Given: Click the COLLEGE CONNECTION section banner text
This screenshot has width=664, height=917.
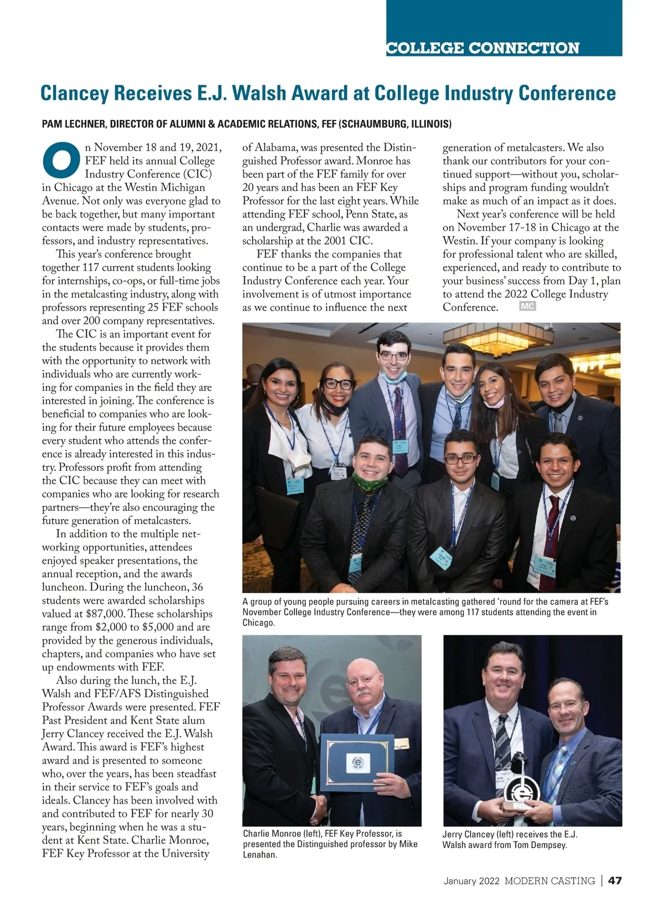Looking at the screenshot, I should click(x=483, y=48).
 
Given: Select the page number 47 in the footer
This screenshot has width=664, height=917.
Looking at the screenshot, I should click(x=615, y=880).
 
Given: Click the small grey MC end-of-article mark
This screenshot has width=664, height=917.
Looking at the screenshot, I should click(x=527, y=307).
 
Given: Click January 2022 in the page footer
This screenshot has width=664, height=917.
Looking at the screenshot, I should click(x=471, y=880).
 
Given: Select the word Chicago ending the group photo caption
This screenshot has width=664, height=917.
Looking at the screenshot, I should click(x=258, y=623).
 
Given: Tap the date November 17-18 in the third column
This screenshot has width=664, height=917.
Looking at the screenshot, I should click(x=495, y=227).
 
